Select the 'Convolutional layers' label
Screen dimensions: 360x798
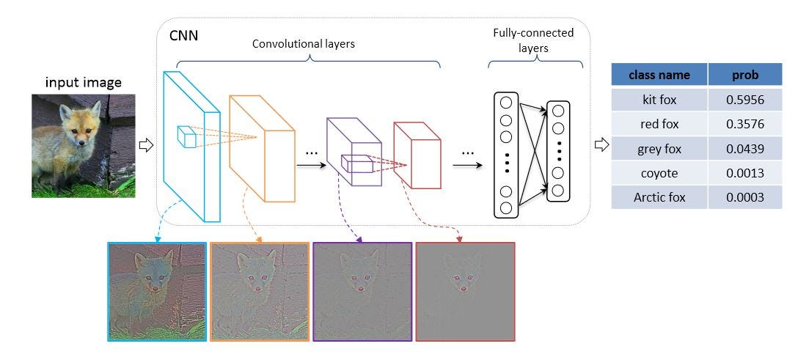303,44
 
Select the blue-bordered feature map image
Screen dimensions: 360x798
156,291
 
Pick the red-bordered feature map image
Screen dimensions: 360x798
465,291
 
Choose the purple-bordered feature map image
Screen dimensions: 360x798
362,291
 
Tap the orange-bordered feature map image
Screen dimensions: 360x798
260,291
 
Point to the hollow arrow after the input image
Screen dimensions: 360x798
145,145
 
